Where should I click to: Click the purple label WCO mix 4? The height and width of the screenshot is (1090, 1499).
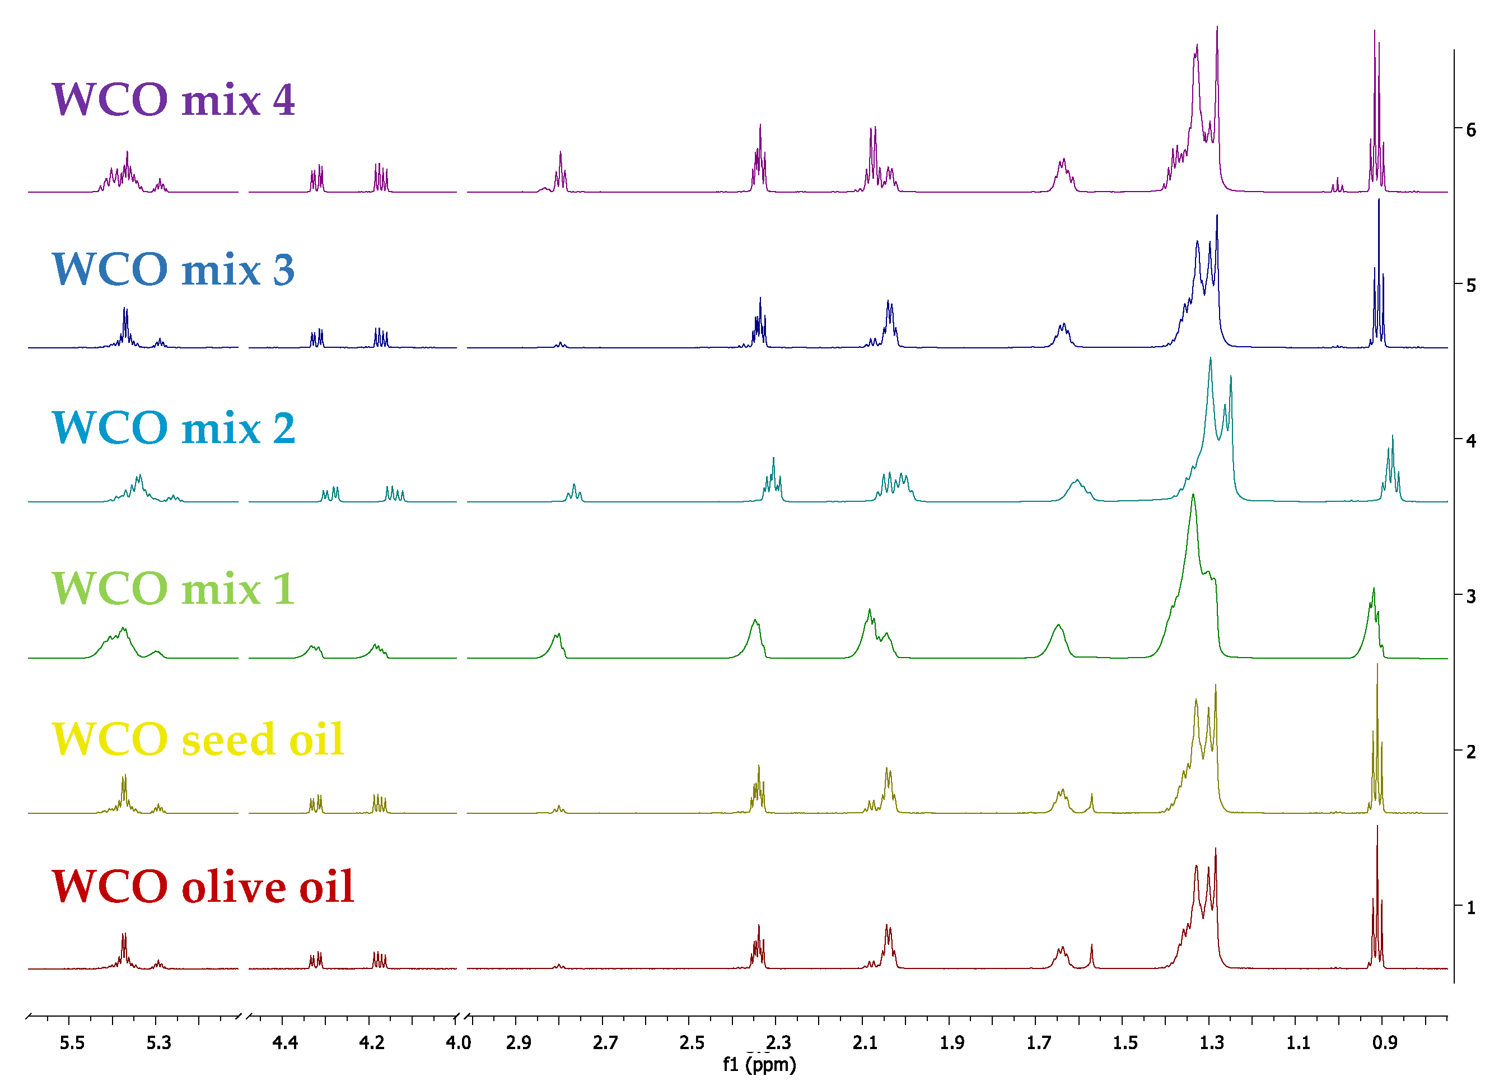(x=173, y=100)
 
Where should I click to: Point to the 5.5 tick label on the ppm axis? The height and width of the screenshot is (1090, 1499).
(x=72, y=1043)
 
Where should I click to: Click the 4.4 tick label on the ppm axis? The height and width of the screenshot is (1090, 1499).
(x=285, y=1043)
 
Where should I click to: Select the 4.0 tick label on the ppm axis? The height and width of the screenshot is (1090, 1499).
(x=458, y=1043)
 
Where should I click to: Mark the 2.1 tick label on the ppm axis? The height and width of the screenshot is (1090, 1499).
(x=865, y=1043)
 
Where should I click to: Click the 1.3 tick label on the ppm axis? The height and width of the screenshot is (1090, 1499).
(x=1212, y=1043)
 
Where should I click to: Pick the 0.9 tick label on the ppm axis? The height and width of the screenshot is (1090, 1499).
(x=1385, y=1043)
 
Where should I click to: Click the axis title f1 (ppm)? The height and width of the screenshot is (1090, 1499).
(x=759, y=1065)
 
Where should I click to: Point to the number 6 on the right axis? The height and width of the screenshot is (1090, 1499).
(x=1470, y=129)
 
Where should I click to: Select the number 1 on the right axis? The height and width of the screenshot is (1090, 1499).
(x=1470, y=907)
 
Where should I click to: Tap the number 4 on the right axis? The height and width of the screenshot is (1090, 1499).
(x=1470, y=440)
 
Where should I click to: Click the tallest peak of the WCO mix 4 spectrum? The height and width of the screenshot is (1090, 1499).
(x=1217, y=28)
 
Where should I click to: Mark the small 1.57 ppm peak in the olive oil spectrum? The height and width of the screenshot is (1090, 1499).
(x=1091, y=947)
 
